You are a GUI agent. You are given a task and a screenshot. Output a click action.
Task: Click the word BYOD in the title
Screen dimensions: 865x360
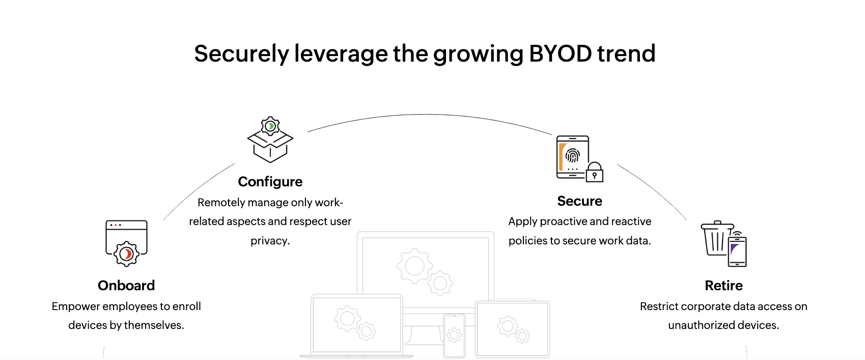561,53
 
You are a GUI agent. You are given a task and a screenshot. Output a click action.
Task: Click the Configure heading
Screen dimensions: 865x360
270,182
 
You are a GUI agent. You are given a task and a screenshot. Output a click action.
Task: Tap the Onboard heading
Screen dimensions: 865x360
126,286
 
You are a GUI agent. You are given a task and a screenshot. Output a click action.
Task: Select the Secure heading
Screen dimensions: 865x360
579,201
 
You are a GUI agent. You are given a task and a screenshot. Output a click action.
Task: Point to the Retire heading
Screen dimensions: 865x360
723,286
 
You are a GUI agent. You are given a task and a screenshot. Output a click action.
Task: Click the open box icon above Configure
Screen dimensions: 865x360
270,146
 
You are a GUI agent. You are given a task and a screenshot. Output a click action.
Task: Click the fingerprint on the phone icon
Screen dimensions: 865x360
573,156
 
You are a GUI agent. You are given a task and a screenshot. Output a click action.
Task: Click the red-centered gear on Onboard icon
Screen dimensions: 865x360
126,254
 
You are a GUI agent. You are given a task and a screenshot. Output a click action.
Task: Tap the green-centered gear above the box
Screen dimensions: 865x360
270,126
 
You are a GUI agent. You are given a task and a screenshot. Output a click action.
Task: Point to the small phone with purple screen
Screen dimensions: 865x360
737,252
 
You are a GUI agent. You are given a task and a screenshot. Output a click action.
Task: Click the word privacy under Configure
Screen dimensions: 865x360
270,241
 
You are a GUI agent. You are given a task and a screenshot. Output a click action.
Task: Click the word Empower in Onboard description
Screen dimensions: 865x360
76,307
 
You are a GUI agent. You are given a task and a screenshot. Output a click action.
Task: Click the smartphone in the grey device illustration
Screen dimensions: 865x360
454,336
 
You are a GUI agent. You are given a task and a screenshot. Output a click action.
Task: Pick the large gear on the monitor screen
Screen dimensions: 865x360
415,266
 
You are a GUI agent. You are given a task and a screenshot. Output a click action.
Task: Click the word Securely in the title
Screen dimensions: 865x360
241,53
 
